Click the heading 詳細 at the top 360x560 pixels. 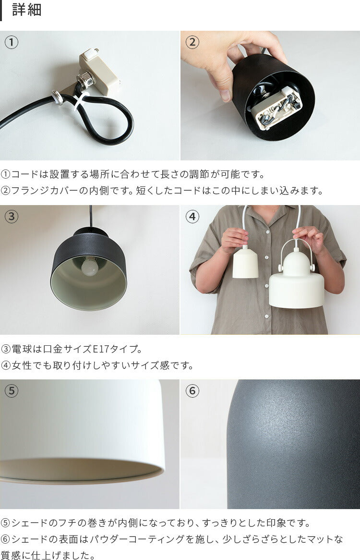click(x=27, y=10)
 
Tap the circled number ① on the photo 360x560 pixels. click(x=12, y=42)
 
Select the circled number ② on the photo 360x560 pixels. click(x=192, y=42)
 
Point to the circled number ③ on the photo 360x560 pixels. click(x=12, y=217)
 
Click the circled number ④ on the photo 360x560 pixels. click(x=192, y=217)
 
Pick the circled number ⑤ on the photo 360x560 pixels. click(x=12, y=391)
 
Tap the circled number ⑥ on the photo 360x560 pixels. click(x=192, y=391)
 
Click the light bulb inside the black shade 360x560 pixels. click(x=89, y=267)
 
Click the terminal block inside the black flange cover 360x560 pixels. click(x=277, y=107)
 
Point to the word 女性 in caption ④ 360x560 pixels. click(x=21, y=365)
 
